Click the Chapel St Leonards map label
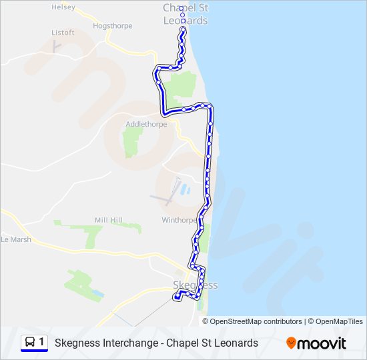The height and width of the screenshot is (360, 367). coord(186,14)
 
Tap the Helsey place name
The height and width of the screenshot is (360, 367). coord(63,7)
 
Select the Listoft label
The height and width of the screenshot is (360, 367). coord(63,32)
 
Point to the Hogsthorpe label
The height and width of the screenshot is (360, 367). coord(113,26)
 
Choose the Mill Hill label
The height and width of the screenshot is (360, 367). coord(109,220)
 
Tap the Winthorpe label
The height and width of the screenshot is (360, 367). coord(179,219)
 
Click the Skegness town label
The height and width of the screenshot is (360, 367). coord(195,285)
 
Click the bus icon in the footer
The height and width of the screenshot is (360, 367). coord(30,342)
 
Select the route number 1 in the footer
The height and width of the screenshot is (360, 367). coord(42,342)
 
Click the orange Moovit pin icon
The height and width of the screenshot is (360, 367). coord(292,343)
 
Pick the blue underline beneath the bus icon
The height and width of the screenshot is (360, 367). coord(35,351)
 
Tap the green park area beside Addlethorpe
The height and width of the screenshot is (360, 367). coord(133,141)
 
